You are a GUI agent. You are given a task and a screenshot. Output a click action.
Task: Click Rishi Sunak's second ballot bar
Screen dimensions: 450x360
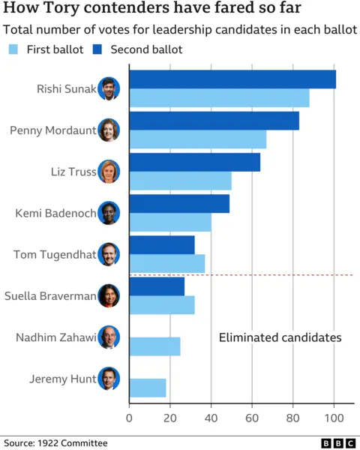click(232, 79)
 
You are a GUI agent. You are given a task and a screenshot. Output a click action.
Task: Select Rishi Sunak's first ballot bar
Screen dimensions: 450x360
click(219, 98)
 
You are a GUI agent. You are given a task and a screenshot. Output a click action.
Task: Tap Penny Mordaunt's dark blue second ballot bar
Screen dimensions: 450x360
click(214, 121)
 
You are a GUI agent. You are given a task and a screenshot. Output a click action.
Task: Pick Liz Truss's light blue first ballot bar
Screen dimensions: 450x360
click(181, 181)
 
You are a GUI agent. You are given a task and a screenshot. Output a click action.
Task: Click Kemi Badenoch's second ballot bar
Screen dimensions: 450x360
click(179, 204)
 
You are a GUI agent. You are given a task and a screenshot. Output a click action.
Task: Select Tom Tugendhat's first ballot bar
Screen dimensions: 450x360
click(167, 263)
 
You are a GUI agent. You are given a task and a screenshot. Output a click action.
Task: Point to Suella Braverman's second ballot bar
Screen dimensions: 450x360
click(157, 286)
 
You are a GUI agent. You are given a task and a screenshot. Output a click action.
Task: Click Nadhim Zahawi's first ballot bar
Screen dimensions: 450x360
click(155, 346)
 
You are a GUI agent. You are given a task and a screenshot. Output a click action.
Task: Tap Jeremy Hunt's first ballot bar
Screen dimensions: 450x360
click(148, 388)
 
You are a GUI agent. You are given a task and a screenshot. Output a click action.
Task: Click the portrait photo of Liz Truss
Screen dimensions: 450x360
click(109, 172)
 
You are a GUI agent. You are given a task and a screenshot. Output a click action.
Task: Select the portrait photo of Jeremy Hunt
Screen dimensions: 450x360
click(109, 379)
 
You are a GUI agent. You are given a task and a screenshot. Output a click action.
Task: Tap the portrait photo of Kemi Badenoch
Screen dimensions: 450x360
click(109, 213)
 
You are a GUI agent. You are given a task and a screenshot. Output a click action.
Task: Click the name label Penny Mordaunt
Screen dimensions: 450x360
click(53, 130)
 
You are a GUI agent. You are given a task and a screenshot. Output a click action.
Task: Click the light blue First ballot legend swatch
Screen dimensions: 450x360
click(13, 49)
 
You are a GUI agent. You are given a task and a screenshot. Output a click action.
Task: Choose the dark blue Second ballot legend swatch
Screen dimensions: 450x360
click(97, 49)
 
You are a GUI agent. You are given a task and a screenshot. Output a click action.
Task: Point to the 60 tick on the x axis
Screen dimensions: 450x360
click(252, 418)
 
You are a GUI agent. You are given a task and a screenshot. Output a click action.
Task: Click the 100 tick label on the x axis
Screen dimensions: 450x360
click(334, 418)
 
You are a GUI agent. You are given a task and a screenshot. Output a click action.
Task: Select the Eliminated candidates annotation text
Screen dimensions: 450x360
click(280, 338)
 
